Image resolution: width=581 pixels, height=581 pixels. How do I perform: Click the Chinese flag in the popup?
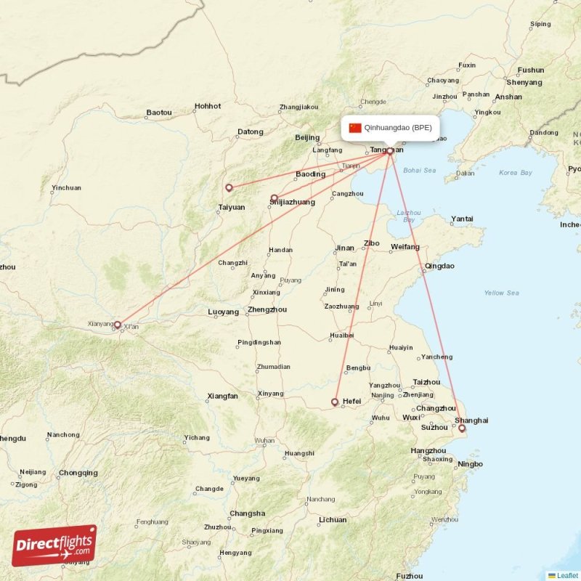pyautogui.click(x=355, y=128)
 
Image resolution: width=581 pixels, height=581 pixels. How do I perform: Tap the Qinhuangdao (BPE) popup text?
pyautogui.click(x=398, y=128)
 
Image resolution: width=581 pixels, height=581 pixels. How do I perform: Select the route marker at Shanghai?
pyautogui.click(x=462, y=428)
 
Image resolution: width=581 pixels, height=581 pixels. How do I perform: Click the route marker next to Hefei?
pyautogui.click(x=335, y=402)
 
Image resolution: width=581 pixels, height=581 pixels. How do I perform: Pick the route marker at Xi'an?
pyautogui.click(x=118, y=325)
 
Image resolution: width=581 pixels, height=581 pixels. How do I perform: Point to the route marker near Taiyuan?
pyautogui.click(x=229, y=187)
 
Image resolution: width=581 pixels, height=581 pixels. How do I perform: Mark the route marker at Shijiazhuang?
pyautogui.click(x=274, y=198)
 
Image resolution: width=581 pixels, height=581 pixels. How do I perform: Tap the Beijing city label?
pyautogui.click(x=307, y=137)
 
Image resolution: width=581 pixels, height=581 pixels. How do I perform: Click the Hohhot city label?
pyautogui.click(x=207, y=106)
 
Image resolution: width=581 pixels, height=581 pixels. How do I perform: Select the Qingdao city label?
pyautogui.click(x=439, y=266)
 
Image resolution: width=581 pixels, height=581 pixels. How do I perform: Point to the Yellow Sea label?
pyautogui.click(x=501, y=293)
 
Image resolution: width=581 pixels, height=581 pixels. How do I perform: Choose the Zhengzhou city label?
pyautogui.click(x=267, y=309)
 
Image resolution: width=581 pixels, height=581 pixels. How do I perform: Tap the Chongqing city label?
pyautogui.click(x=78, y=473)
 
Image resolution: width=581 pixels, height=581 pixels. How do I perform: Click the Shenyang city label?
pyautogui.click(x=524, y=82)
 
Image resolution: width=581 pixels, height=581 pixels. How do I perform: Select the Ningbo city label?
pyautogui.click(x=470, y=463)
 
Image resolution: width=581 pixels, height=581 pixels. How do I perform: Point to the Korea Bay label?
pyautogui.click(x=516, y=173)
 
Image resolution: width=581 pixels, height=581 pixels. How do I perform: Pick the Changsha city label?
pyautogui.click(x=247, y=513)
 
